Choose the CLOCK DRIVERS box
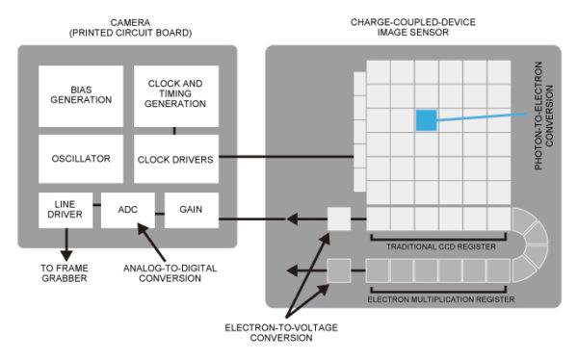tap(175, 159)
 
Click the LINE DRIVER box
tap(66, 210)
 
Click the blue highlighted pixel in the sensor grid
tap(425, 120)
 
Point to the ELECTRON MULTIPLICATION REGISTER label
tap(434, 299)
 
